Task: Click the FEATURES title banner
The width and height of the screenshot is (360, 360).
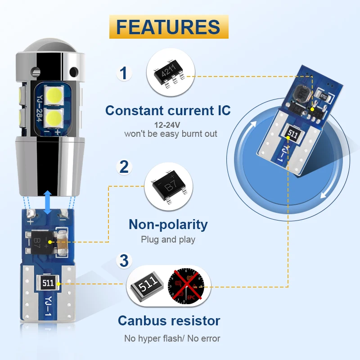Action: pos(168,27)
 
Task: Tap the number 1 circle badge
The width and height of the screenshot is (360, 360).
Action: pos(124,73)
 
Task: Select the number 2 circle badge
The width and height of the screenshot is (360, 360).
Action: pos(124,166)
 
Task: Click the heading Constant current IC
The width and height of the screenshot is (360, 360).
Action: pos(168,110)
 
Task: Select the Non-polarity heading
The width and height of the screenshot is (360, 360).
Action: pos(168,224)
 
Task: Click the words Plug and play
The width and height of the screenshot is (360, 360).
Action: pos(168,239)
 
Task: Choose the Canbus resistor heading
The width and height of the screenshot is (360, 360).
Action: pos(169,320)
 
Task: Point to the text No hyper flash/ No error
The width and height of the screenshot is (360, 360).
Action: pos(172,338)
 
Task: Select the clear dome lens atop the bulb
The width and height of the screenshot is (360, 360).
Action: pos(50,48)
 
